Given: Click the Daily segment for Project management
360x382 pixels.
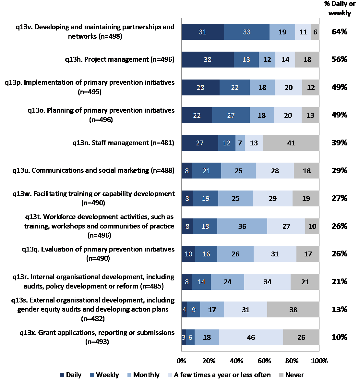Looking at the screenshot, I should (x=208, y=60).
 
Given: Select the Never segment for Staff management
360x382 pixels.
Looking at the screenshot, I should (x=291, y=143).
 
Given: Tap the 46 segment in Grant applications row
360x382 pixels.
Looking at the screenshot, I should (x=251, y=338).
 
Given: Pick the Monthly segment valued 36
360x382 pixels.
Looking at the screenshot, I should (x=242, y=227).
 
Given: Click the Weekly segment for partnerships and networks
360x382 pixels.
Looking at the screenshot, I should (x=246, y=32).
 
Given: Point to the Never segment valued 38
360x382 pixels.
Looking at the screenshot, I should (x=293, y=310).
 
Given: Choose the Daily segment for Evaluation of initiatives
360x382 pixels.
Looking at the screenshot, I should (x=188, y=254).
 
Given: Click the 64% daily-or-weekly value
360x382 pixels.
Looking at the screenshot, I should (x=339, y=32).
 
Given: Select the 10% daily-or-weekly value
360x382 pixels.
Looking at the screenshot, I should (x=339, y=337).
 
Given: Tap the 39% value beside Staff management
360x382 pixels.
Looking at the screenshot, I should (x=339, y=143).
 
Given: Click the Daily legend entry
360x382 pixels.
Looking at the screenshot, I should (x=71, y=375).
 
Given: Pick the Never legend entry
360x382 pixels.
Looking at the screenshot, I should (x=291, y=375).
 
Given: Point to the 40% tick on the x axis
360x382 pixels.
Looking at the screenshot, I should (x=236, y=361).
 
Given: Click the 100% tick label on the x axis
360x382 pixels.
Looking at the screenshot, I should (x=319, y=361).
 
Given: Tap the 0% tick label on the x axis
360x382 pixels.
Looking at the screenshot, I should (x=181, y=361).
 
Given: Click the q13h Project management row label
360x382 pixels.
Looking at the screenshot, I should (x=120, y=59).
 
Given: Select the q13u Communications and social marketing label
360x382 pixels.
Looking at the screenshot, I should (x=93, y=170).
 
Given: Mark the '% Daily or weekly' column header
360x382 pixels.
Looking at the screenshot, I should (x=340, y=8).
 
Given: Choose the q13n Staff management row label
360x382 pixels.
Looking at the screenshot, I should (x=123, y=143).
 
